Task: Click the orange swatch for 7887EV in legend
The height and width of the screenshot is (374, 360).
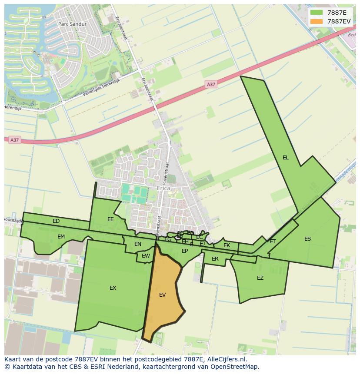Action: [317, 21]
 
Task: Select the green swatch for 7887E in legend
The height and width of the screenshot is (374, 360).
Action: [317, 13]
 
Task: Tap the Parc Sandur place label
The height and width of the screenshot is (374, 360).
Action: [72, 24]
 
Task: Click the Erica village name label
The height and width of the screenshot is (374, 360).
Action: [163, 189]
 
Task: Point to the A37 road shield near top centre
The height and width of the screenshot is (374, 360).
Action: [211, 84]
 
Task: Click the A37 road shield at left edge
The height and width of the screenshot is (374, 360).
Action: [15, 140]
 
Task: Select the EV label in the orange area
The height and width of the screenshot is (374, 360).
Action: [162, 295]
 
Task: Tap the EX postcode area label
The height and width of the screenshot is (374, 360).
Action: [113, 288]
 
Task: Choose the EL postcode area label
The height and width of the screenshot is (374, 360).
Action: [285, 158]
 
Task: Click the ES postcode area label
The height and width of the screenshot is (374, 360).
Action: [307, 239]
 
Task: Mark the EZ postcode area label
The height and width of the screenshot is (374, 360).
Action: [260, 278]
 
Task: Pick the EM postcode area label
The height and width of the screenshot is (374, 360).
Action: [61, 237]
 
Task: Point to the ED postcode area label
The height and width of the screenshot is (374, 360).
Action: [56, 221]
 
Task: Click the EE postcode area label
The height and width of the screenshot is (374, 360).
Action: [110, 219]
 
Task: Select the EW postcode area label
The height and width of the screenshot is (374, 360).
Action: [146, 256]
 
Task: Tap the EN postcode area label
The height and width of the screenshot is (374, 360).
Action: [138, 244]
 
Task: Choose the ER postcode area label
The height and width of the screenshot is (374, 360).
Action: [215, 259]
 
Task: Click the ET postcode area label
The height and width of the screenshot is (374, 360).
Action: [273, 242]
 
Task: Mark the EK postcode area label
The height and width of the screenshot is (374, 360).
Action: [227, 245]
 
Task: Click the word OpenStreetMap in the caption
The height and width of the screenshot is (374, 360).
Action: [235, 367]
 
